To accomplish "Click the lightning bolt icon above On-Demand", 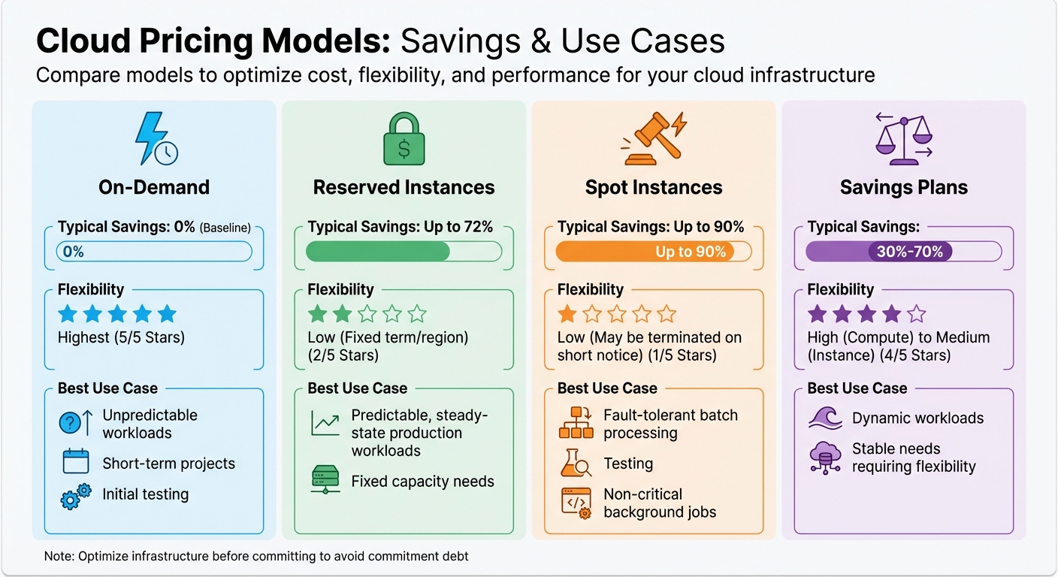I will click(x=153, y=139).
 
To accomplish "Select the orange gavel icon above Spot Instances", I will click(x=652, y=137).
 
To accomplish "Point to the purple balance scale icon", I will click(x=903, y=139).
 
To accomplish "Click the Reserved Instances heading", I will click(x=404, y=187).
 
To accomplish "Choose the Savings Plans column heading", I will click(x=903, y=187).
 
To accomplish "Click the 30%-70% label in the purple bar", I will click(x=909, y=252).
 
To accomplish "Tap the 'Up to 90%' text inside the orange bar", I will click(x=691, y=252).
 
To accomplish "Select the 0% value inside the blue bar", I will click(x=74, y=252).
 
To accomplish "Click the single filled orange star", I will click(x=567, y=314).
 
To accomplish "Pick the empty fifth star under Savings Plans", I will click(x=917, y=314).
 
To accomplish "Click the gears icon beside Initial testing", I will click(x=75, y=497).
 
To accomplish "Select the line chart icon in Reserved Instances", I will click(x=325, y=424).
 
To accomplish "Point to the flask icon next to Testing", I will click(x=576, y=464).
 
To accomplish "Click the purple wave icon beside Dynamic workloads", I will click(x=825, y=418).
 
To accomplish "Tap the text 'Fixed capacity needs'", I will click(x=422, y=482).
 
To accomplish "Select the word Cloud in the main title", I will click(x=84, y=41).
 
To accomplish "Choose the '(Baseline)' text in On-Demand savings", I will click(x=225, y=228).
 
